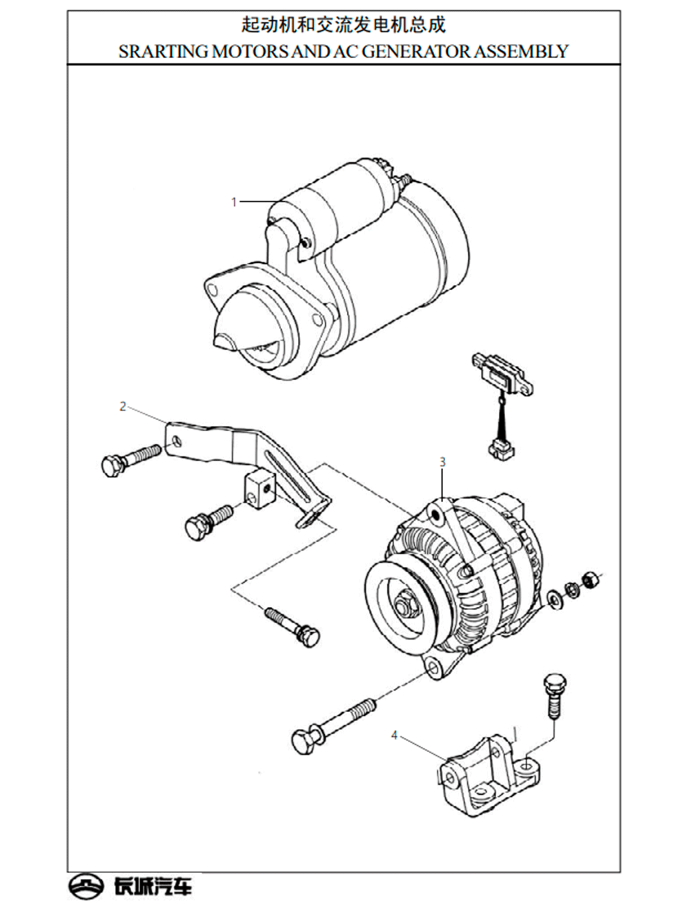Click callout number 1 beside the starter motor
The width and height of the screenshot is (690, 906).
click(x=234, y=202)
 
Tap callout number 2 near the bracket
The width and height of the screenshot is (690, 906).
click(x=123, y=407)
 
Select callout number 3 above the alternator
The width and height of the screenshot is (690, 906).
click(x=442, y=462)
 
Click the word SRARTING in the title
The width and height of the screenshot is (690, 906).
click(x=164, y=52)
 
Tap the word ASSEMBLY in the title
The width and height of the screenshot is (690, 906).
click(x=522, y=52)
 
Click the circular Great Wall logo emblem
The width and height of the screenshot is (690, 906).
click(x=86, y=887)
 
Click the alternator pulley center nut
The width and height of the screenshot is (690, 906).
click(x=404, y=606)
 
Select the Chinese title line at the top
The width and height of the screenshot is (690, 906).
click(x=344, y=25)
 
